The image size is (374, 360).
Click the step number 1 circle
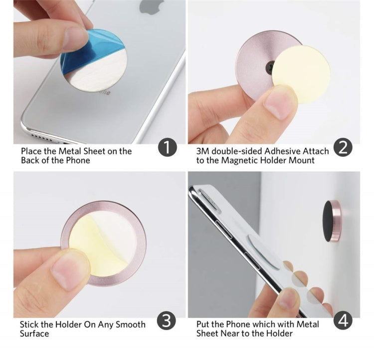pyautogui.click(x=168, y=148)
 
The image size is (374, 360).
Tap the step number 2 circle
pyautogui.click(x=343, y=148)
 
